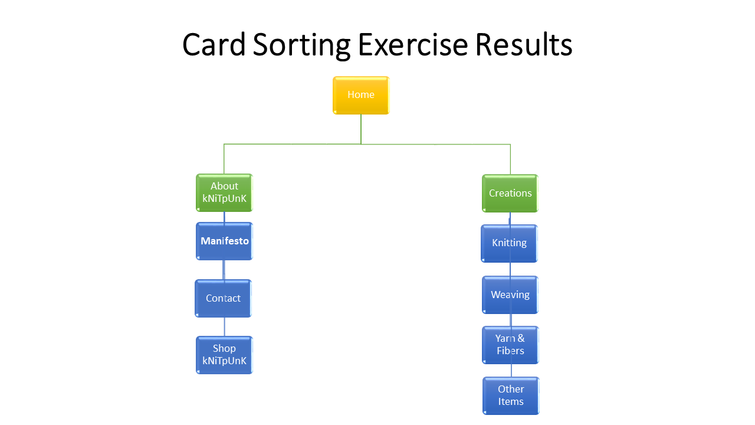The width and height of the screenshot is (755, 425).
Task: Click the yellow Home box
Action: (361, 96)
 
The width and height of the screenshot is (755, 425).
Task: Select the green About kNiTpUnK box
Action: (224, 192)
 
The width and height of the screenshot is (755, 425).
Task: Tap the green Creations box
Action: (510, 193)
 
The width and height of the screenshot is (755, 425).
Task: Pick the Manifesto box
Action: (224, 241)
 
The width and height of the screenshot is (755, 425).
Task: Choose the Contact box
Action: (223, 298)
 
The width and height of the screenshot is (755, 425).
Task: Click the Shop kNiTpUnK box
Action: (224, 355)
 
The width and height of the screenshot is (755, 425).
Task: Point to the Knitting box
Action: (509, 243)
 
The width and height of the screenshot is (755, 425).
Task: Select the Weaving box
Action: (510, 295)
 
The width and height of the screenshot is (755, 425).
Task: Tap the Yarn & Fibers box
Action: (510, 345)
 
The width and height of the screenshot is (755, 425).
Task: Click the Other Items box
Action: (511, 395)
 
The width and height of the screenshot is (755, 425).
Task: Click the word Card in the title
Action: (214, 44)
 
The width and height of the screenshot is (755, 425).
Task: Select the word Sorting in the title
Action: (301, 46)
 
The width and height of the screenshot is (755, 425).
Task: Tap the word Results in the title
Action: (524, 44)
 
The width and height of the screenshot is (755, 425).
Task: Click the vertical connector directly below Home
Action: (361, 129)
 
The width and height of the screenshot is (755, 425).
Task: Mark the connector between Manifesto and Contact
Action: (224, 270)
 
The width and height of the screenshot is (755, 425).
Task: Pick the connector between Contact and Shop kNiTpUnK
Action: (225, 327)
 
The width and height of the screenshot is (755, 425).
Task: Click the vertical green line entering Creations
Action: (510, 159)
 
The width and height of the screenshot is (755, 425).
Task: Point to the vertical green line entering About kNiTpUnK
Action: (224, 159)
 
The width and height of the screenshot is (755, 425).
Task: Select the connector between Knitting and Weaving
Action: (510, 269)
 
